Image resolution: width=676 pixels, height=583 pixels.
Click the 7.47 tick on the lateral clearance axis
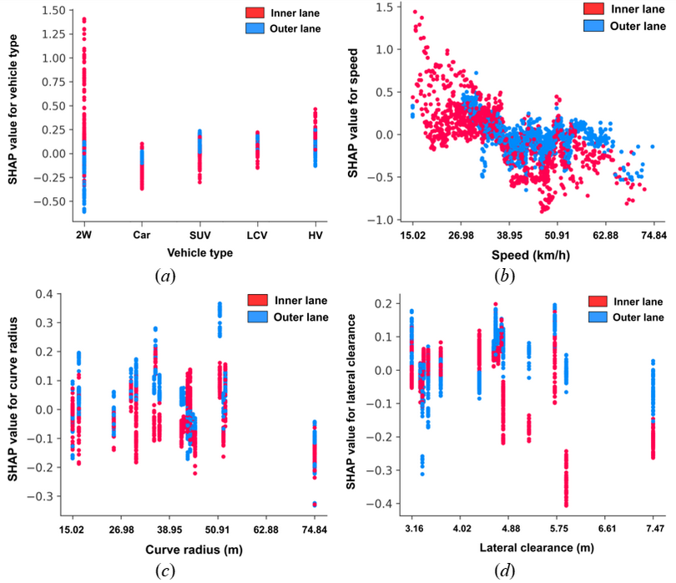654,529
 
